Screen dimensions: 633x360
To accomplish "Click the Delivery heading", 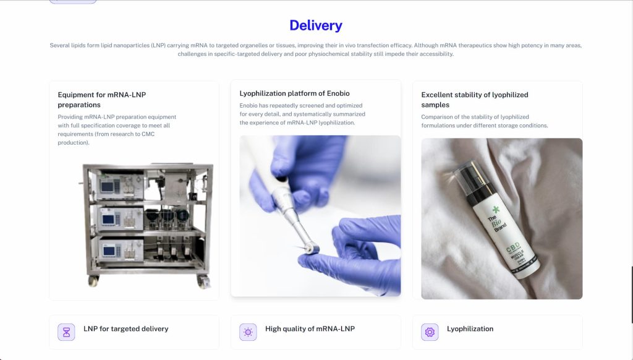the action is pyautogui.click(x=316, y=25).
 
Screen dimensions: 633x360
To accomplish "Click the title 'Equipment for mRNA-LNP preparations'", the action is pyautogui.click(x=102, y=100).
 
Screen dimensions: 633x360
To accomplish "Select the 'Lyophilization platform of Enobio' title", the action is pyautogui.click(x=294, y=93).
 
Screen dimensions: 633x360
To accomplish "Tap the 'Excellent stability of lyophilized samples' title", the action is pyautogui.click(x=474, y=100).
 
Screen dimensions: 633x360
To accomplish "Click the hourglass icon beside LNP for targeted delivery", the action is pyautogui.click(x=66, y=332).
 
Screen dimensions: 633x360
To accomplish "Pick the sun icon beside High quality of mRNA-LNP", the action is pyautogui.click(x=248, y=332).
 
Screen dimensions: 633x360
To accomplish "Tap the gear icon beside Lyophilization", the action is pyautogui.click(x=430, y=332).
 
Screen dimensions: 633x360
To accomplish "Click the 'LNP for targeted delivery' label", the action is pyautogui.click(x=126, y=329).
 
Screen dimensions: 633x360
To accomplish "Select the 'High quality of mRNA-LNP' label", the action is pyautogui.click(x=310, y=329).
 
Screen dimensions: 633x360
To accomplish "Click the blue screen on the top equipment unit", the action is pyautogui.click(x=107, y=187).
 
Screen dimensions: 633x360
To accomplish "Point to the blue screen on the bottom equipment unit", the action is pyautogui.click(x=109, y=251).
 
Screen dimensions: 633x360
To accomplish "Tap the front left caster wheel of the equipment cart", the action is pyautogui.click(x=94, y=280).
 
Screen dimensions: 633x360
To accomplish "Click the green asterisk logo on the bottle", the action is pyautogui.click(x=496, y=209).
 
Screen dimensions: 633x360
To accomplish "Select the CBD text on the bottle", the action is pyautogui.click(x=514, y=247).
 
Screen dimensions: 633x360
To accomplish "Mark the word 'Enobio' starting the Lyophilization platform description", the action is pyautogui.click(x=249, y=105).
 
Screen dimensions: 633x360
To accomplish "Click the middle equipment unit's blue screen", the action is pyautogui.click(x=108, y=219).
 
